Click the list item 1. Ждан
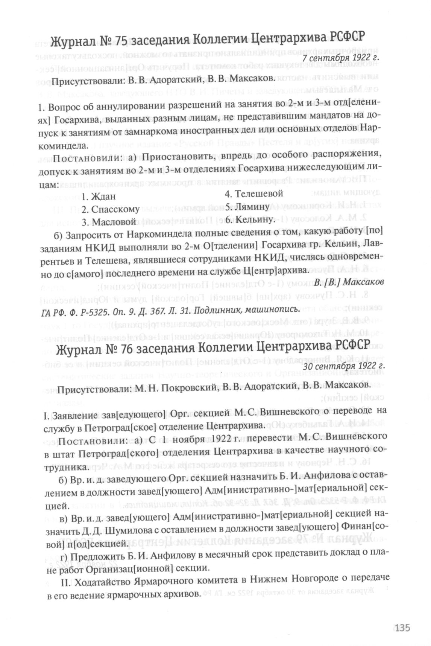[99, 197]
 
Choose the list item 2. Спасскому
[110, 209]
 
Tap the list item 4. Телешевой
[253, 193]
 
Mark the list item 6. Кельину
[248, 219]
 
